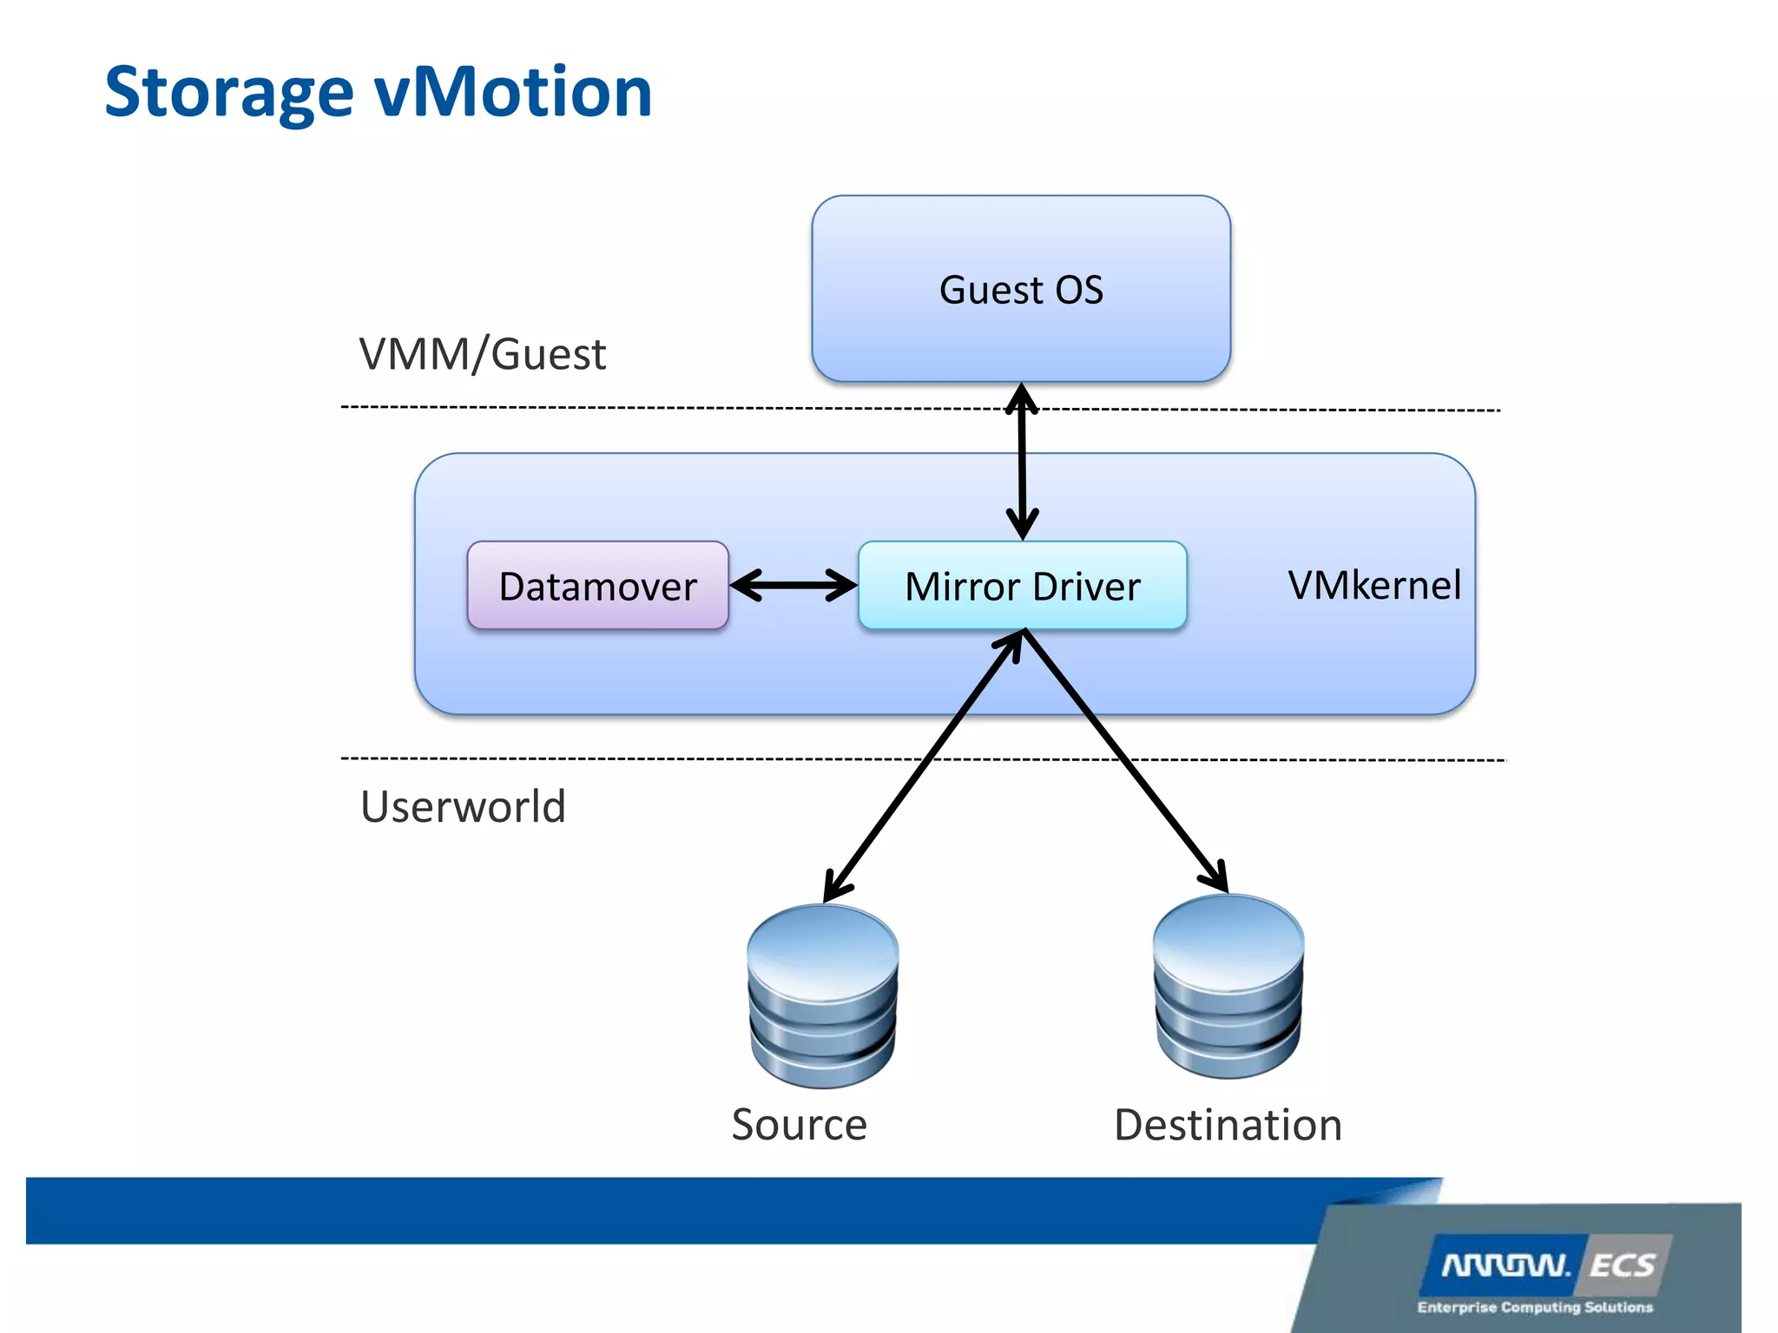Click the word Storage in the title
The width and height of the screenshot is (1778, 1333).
228,94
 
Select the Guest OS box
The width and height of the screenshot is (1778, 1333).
1021,289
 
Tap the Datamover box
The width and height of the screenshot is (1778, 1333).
597,586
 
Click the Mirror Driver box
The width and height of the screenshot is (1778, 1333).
1022,586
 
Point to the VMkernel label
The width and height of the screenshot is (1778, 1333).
1373,585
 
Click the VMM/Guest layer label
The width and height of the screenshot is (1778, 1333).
482,354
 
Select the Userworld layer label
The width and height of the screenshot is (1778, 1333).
463,806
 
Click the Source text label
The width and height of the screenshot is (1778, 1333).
799,1125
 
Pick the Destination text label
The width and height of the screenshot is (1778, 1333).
1228,1125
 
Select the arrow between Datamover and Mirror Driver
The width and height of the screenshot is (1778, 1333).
793,585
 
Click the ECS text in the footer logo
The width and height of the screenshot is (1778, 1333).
1622,1265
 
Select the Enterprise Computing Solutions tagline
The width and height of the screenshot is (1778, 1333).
1535,1307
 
